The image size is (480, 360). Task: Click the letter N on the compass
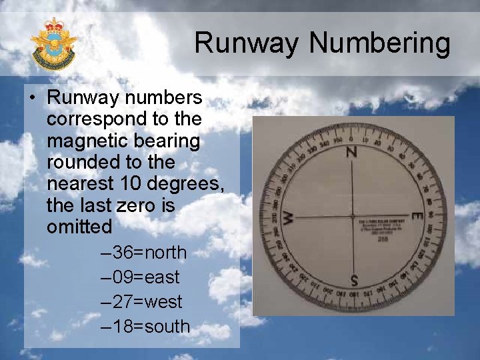pos(351,152)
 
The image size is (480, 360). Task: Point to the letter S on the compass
pos(354,279)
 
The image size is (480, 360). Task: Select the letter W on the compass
pos(288,217)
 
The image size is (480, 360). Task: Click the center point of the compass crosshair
pos(353,216)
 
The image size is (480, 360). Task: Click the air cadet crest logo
pos(53,45)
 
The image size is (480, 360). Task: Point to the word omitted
pos(79,227)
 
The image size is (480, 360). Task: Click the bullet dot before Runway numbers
pos(33,99)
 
